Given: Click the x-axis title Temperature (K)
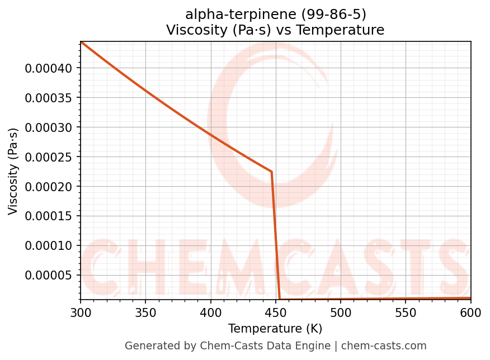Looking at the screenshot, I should point(275,328).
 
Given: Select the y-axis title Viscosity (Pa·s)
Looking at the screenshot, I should point(13,171).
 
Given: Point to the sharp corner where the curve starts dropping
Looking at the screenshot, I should point(272,172).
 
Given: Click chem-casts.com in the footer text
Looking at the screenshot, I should point(384,346).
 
